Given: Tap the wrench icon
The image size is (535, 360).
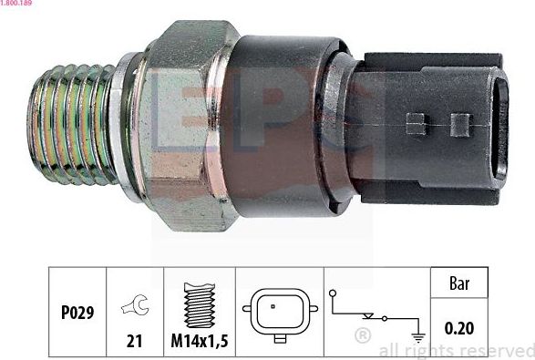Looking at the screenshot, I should [x=135, y=307].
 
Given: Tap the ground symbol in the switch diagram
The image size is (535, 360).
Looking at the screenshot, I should [x=418, y=334].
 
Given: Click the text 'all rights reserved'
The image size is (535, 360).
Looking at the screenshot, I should [x=456, y=350].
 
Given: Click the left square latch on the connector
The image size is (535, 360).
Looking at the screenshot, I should [x=417, y=124].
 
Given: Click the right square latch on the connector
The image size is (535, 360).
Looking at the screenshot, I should [x=460, y=124].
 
